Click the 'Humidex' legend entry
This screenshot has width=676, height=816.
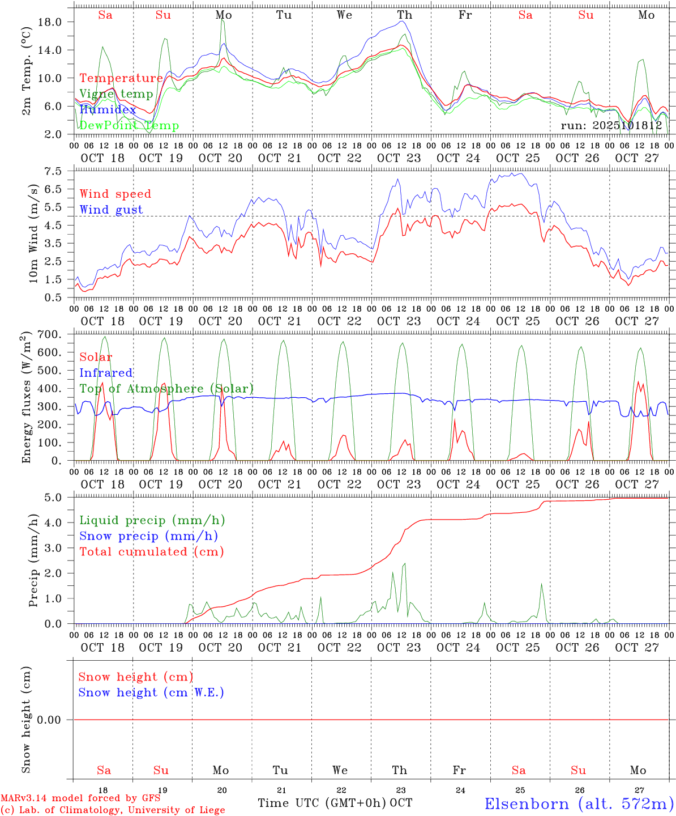pyautogui.click(x=108, y=110)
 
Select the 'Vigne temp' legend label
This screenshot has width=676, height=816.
pyautogui.click(x=116, y=94)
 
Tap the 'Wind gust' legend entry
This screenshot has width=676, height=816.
pyautogui.click(x=111, y=210)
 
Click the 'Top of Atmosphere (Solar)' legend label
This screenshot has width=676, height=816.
pyautogui.click(x=166, y=389)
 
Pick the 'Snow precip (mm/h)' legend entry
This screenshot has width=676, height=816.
pyautogui.click(x=149, y=536)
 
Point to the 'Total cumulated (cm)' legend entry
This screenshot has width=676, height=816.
pyautogui.click(x=152, y=552)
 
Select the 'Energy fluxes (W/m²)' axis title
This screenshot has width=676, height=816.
pyautogui.click(x=27, y=398)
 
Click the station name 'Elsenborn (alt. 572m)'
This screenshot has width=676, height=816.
pyautogui.click(x=579, y=804)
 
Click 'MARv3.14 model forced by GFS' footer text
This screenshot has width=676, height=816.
pyautogui.click(x=80, y=798)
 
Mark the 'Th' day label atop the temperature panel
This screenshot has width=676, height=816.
pyautogui.click(x=404, y=15)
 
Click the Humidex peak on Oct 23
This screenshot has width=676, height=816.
pyautogui.click(x=403, y=22)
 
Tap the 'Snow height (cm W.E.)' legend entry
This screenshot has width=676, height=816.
pyautogui.click(x=151, y=692)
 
